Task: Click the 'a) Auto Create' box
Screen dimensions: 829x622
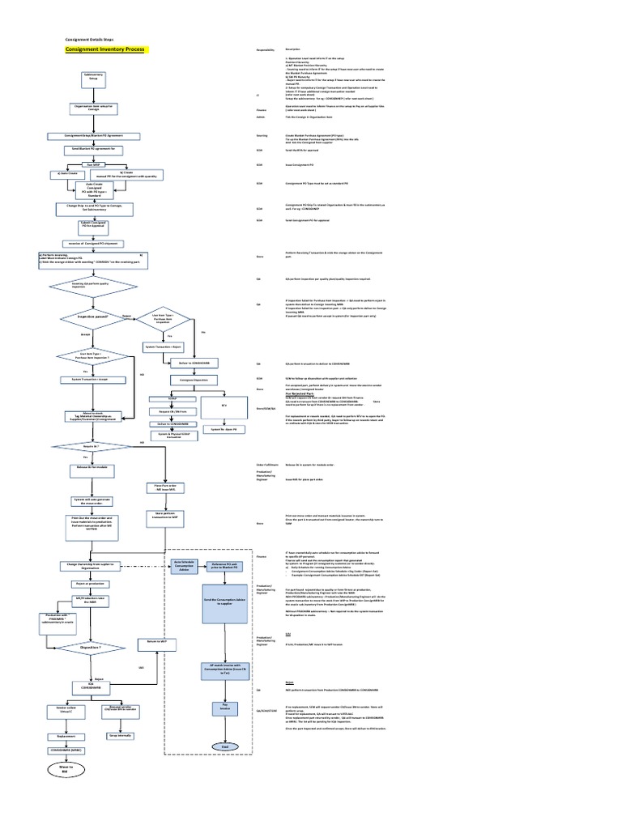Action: tap(68, 173)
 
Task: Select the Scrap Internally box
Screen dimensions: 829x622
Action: tap(119, 735)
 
